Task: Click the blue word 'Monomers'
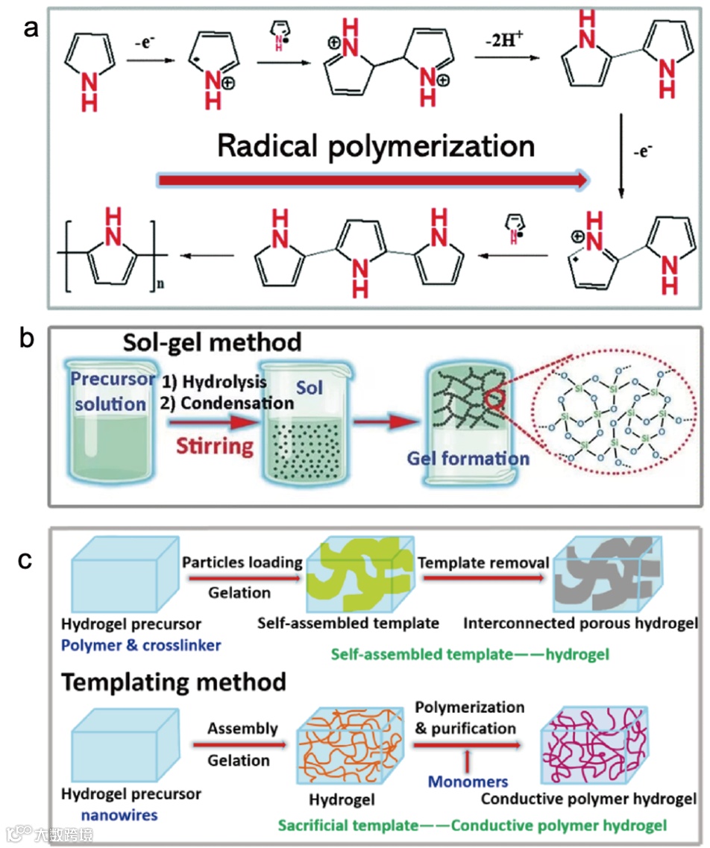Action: pos(468,782)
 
